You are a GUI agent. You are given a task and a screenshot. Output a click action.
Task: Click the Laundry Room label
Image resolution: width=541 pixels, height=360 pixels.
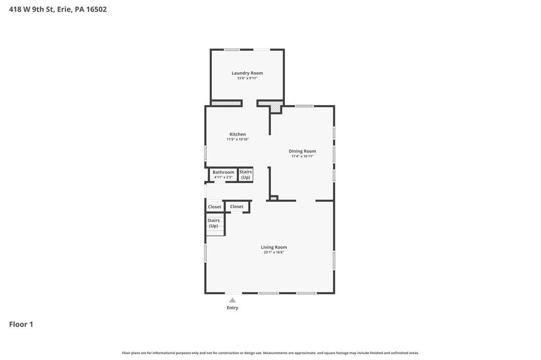coord(247,73)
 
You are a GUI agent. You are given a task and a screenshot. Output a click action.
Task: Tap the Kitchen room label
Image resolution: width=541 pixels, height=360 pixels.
coord(238,135)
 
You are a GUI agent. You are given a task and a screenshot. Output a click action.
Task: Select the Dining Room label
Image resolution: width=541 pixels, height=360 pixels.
coord(302,151)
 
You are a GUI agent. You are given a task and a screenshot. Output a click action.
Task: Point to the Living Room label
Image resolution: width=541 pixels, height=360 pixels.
coord(274,247)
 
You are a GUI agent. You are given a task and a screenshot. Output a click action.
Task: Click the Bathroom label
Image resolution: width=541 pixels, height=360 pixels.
coord(223,172)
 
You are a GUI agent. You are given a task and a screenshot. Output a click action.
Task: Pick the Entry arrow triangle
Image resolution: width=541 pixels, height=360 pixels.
coord(232,300)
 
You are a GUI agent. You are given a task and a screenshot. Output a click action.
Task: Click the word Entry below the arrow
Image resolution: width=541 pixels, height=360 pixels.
coord(232,308)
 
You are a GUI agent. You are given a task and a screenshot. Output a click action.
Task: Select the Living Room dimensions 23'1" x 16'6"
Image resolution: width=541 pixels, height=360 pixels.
coord(274,252)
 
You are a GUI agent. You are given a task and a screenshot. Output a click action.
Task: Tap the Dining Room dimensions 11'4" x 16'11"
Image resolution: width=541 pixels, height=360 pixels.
coord(302,156)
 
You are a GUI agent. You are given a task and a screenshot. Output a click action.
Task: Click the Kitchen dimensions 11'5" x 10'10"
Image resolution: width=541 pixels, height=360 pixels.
coord(238,139)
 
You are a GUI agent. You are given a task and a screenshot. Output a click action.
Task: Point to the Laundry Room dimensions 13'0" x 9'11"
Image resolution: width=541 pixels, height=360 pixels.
coord(247,78)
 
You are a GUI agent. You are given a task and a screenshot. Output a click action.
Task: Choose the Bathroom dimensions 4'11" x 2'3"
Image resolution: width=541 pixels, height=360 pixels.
coord(223,177)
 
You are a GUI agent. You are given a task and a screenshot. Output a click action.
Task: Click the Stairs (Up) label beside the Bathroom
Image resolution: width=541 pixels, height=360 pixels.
coord(246,175)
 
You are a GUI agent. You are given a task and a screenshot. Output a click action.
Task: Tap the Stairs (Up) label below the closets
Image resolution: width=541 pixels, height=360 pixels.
coord(213,223)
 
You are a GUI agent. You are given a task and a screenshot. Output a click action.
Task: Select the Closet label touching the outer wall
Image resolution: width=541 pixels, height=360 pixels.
coord(214,207)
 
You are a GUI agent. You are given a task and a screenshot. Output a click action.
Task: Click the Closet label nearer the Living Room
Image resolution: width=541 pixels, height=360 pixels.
coord(237,206)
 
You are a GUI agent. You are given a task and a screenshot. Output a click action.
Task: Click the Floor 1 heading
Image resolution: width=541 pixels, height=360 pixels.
coord(21,324)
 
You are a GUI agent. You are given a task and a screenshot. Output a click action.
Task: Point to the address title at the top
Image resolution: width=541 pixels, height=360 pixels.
coord(58,10)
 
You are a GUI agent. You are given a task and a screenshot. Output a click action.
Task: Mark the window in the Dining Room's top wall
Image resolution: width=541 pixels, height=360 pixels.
coord(304,106)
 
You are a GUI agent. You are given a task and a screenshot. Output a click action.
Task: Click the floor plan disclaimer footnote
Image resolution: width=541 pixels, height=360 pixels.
coord(270,353)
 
